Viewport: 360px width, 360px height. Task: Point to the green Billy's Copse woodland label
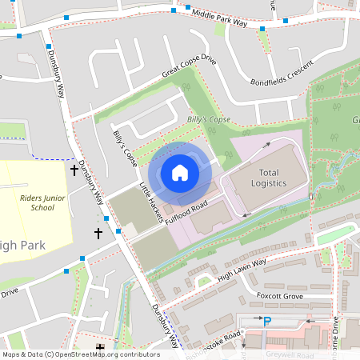pyautogui.click(x=209, y=119)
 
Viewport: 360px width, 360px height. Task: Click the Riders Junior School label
pyautogui.click(x=38, y=202)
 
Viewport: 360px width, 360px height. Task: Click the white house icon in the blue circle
pyautogui.click(x=180, y=172)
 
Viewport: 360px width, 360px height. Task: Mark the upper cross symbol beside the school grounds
pyautogui.click(x=74, y=170)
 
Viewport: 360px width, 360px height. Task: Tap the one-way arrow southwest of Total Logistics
pyautogui.click(x=248, y=214)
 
